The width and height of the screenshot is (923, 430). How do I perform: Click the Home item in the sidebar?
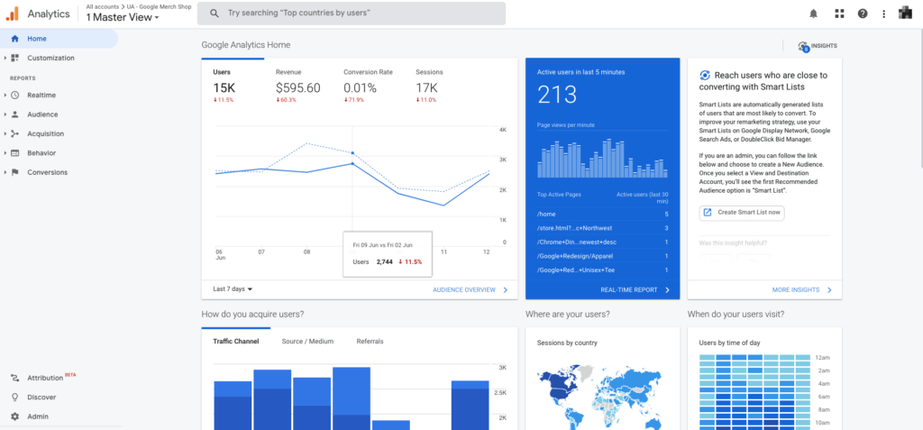[x=37, y=39]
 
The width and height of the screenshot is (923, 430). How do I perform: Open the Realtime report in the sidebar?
[x=42, y=95]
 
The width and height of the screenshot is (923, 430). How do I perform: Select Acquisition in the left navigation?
[x=45, y=133]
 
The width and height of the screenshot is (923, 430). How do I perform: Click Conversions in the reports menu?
[x=47, y=172]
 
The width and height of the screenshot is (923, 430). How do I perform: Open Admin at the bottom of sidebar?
[x=38, y=416]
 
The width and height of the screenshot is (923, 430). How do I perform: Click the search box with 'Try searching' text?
[x=352, y=14]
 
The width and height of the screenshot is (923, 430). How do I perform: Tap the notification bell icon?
[x=814, y=14]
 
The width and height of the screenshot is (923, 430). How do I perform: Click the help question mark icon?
[x=863, y=14]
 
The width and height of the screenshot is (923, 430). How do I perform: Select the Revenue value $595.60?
[x=297, y=87]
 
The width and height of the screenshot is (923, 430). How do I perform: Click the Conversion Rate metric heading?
[x=368, y=72]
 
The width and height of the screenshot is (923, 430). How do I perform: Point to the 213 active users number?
[x=556, y=96]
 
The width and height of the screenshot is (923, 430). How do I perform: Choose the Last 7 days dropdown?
[x=233, y=289]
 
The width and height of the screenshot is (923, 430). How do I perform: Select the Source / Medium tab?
[x=307, y=342]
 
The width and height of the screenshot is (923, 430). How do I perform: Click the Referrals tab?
[x=370, y=342]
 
